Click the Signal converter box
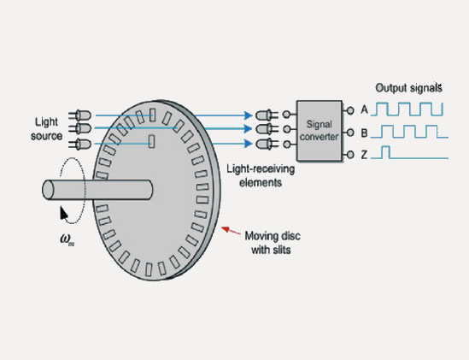pos(317,130)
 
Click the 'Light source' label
pos(48,128)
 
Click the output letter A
pos(365,109)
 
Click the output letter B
pos(365,133)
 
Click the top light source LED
pos(82,115)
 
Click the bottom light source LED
pos(82,144)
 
